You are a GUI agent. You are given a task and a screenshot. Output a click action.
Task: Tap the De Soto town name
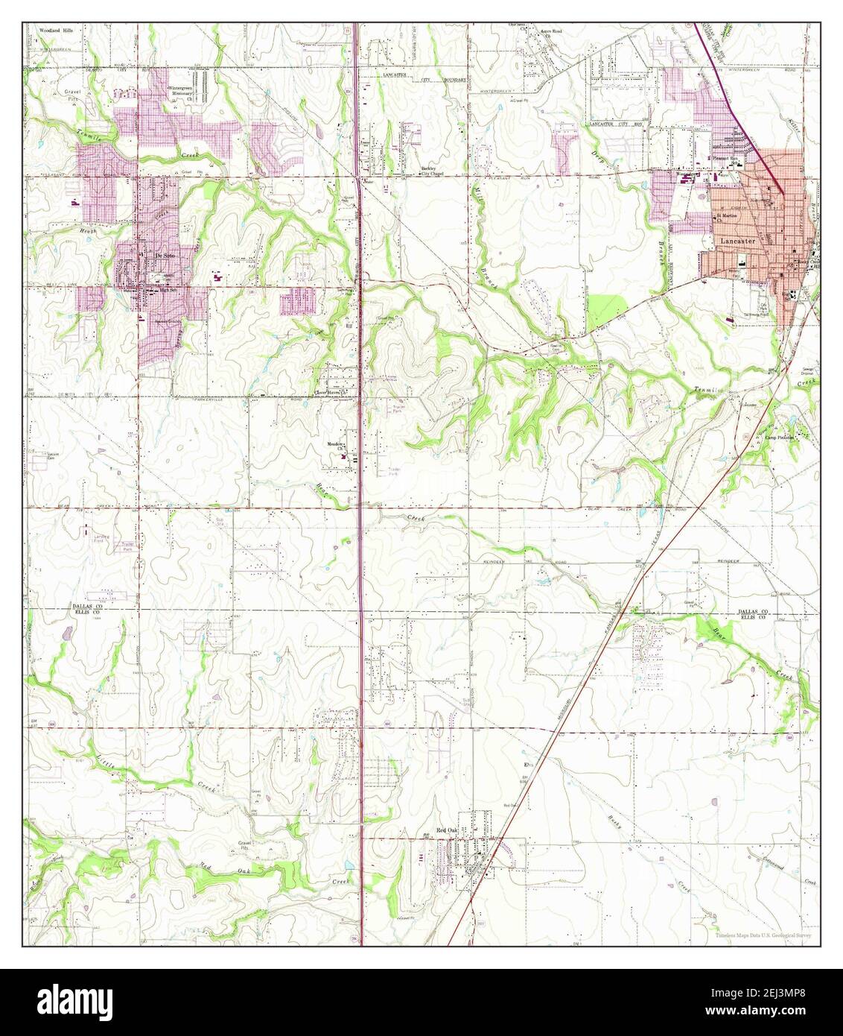click(x=163, y=255)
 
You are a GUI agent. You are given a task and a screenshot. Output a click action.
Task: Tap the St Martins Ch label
click(x=726, y=218)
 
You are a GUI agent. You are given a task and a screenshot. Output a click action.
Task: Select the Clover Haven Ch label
click(x=331, y=392)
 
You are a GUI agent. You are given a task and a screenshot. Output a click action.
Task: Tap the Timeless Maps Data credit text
click(x=764, y=935)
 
